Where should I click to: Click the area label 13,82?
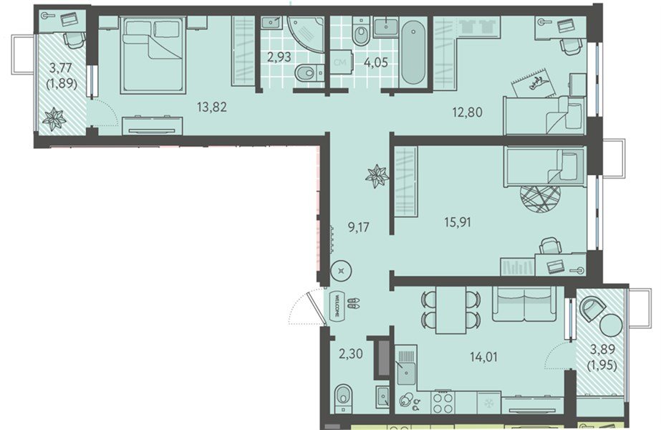pyautogui.click(x=212, y=107)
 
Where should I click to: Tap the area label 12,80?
pyautogui.click(x=467, y=113)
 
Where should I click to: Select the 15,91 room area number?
pyautogui.click(x=458, y=222)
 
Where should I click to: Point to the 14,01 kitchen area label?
pyautogui.click(x=483, y=358)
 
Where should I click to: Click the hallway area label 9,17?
pyautogui.click(x=359, y=228)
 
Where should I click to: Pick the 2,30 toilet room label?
pyautogui.click(x=351, y=353)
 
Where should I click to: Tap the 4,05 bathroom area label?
pyautogui.click(x=376, y=62)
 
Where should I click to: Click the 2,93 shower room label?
pyautogui.click(x=279, y=57)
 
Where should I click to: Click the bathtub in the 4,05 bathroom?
pyautogui.click(x=413, y=53)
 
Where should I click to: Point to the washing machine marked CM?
pyautogui.click(x=341, y=62)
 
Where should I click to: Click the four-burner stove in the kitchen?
pyautogui.click(x=443, y=403)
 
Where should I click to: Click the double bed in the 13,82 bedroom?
pyautogui.click(x=153, y=54)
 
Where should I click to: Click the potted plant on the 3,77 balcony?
pyautogui.click(x=54, y=120)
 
